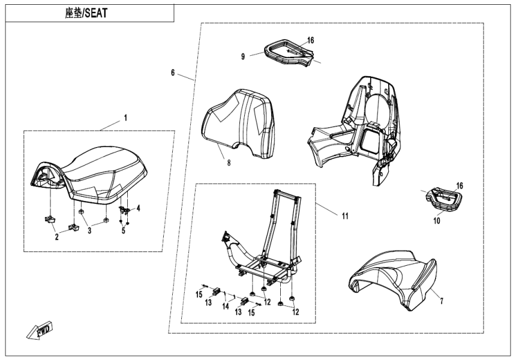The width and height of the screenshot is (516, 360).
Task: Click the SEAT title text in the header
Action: point(86,12)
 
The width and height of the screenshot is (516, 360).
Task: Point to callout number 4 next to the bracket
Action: point(138,208)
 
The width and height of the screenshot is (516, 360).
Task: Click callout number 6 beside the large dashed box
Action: point(173,73)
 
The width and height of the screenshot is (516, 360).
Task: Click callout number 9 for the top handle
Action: point(243,56)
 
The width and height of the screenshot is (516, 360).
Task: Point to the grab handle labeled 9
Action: point(282,51)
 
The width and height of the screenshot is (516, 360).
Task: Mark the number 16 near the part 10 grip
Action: point(460,186)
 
